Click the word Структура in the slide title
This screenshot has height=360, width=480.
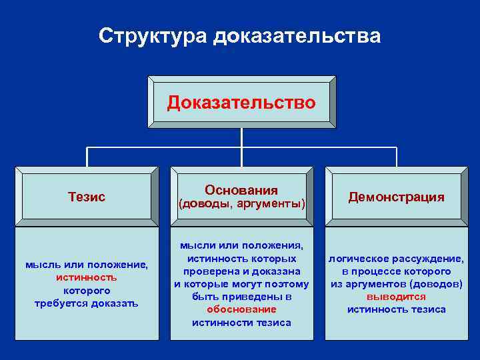click(x=153, y=36)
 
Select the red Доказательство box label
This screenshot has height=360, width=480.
click(x=241, y=103)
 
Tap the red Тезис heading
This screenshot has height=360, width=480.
click(x=87, y=197)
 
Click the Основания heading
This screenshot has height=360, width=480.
click(x=241, y=190)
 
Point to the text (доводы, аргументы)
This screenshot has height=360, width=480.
click(x=241, y=204)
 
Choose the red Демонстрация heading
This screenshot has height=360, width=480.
click(x=396, y=197)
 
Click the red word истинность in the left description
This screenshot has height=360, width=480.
click(x=87, y=277)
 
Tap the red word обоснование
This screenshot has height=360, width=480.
click(x=241, y=309)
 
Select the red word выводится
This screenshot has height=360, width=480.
click(x=396, y=297)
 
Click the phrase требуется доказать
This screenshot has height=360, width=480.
click(x=87, y=303)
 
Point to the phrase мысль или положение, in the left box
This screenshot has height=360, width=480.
click(x=87, y=265)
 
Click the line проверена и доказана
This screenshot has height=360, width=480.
click(x=241, y=271)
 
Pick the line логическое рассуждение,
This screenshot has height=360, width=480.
click(x=396, y=259)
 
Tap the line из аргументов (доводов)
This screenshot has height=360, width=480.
click(x=396, y=284)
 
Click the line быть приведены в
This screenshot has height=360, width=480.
click(x=241, y=297)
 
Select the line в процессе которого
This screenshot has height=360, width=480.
click(x=396, y=271)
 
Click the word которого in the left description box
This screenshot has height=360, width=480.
click(x=87, y=291)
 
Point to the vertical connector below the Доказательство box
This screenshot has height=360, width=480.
click(x=241, y=137)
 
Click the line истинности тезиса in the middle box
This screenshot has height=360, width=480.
click(x=241, y=323)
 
